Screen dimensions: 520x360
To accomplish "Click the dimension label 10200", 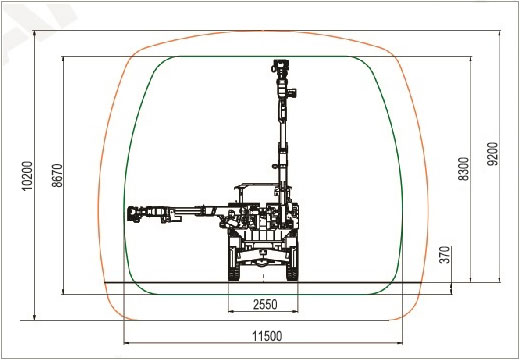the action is (x=27, y=176).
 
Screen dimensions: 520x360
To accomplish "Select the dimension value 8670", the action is (x=57, y=175).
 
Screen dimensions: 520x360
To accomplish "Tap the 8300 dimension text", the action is (x=463, y=169).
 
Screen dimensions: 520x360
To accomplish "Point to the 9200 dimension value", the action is (x=492, y=154).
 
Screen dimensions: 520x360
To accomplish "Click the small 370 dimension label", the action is (x=445, y=255).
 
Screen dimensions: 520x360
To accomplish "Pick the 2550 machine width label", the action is (x=265, y=304).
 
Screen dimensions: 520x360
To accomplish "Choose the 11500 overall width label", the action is (x=267, y=336).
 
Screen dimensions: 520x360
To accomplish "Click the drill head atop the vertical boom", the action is (x=280, y=68).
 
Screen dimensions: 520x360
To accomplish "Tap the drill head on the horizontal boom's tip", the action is (x=135, y=214).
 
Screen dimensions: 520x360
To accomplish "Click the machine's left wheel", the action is (x=234, y=262).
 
